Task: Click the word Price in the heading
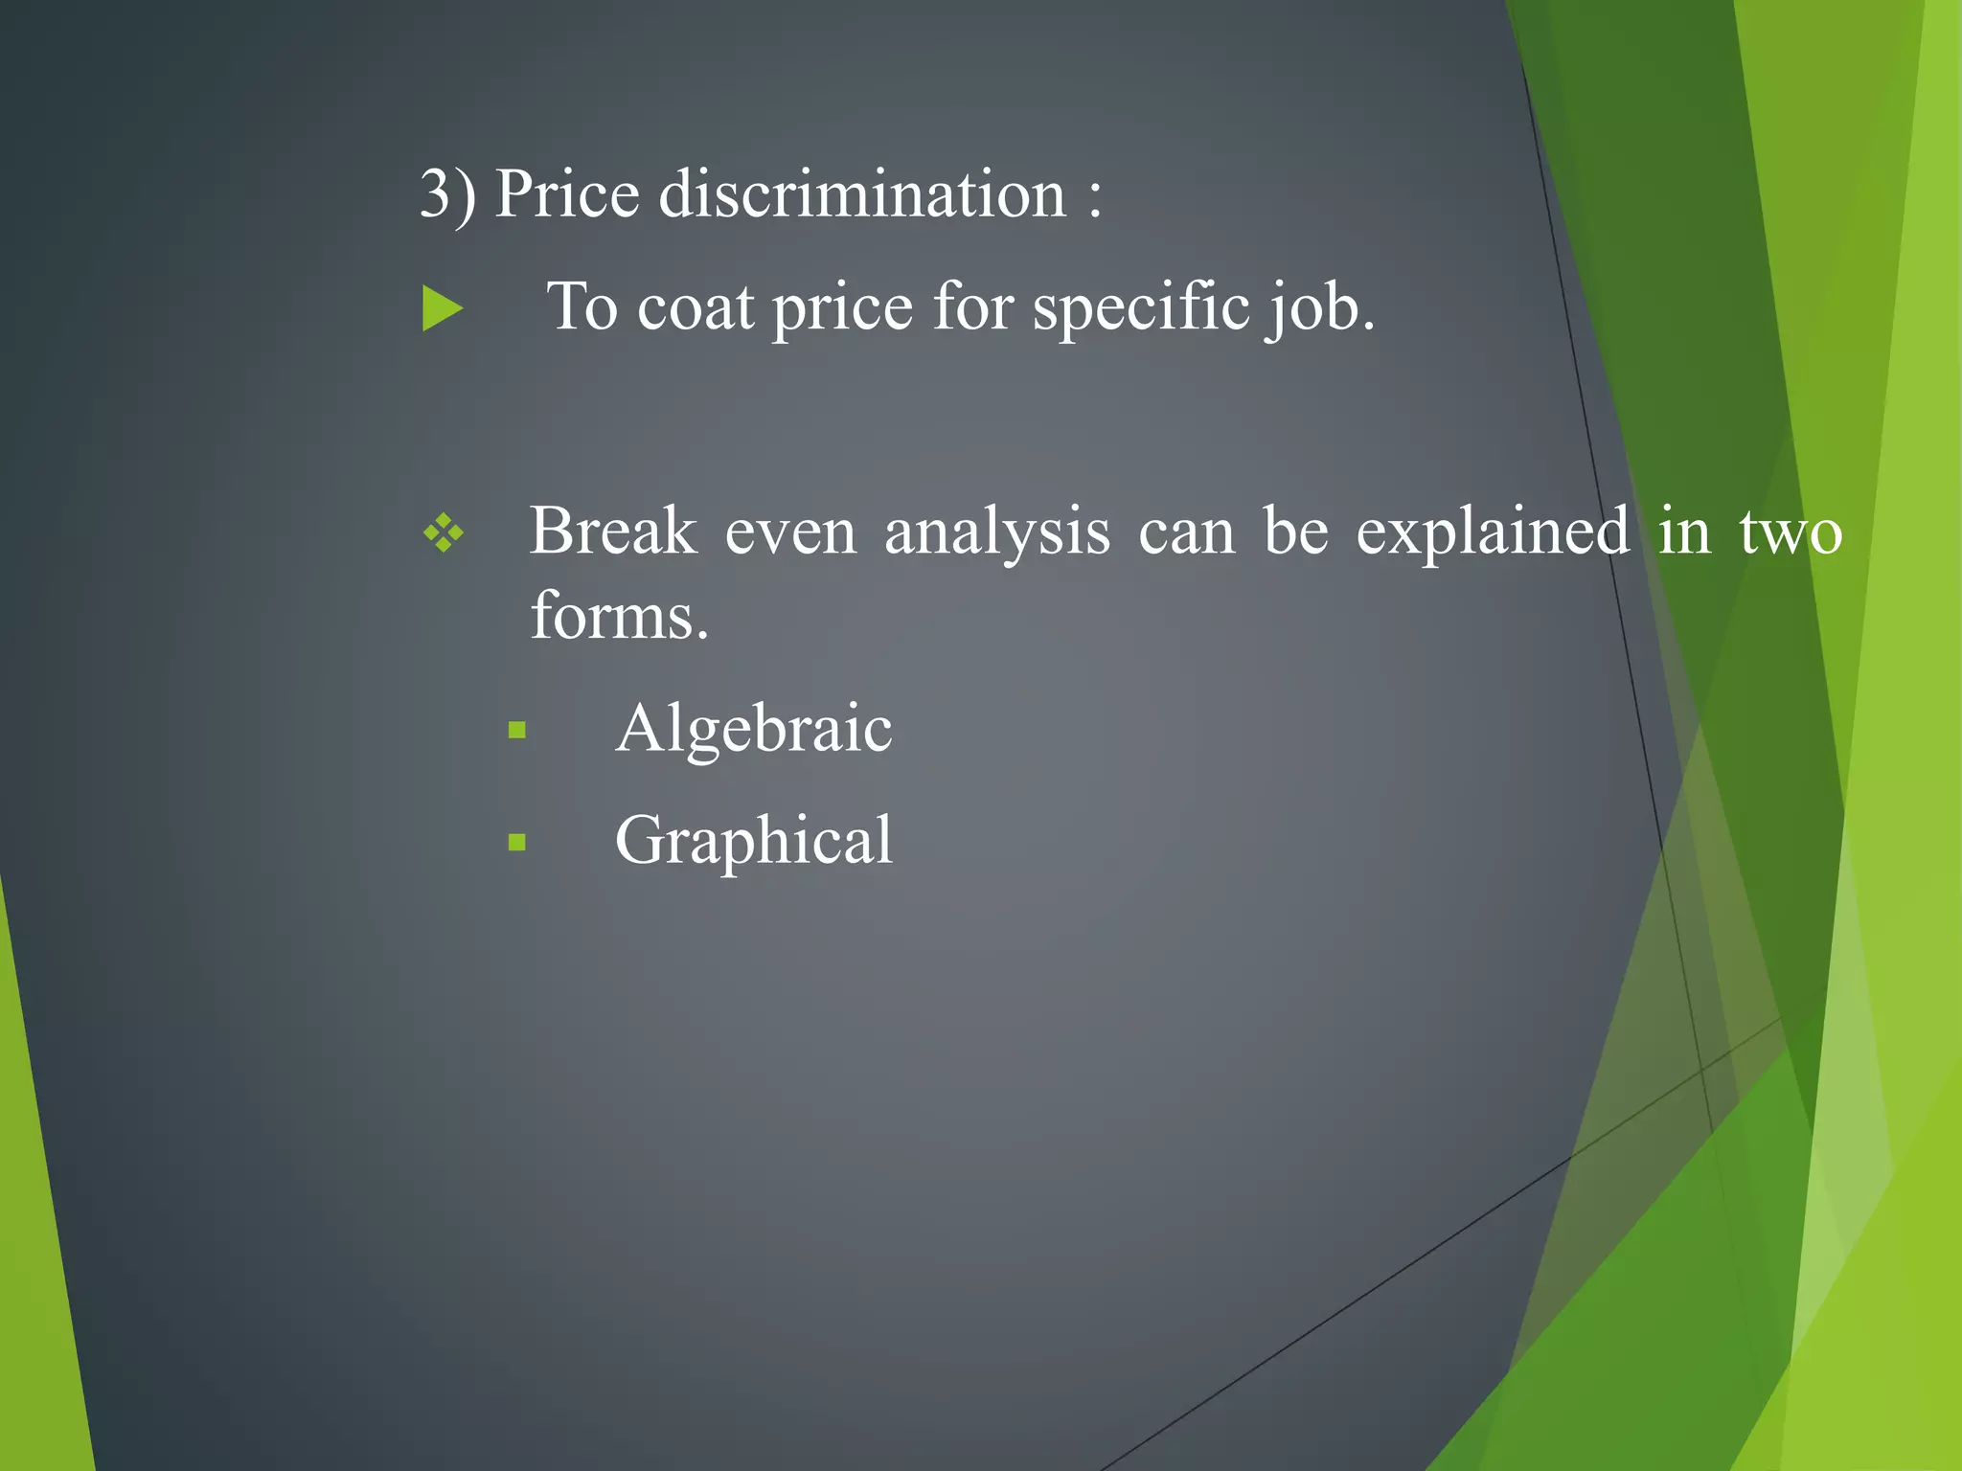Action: [x=566, y=194]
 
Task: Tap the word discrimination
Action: [x=862, y=194]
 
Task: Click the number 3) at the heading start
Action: [x=447, y=194]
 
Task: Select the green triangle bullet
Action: [x=442, y=309]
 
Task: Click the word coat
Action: [x=696, y=308]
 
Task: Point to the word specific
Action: [x=1140, y=308]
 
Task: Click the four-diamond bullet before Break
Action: [x=444, y=533]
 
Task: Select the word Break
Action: [x=613, y=532]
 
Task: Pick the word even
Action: [x=790, y=533]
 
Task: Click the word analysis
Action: [x=997, y=533]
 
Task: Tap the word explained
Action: [x=1493, y=533]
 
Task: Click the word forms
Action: [x=619, y=616]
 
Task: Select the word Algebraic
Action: [x=754, y=729]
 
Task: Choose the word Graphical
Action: [x=754, y=842]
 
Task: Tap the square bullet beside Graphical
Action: [x=517, y=843]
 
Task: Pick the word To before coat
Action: [x=582, y=308]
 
